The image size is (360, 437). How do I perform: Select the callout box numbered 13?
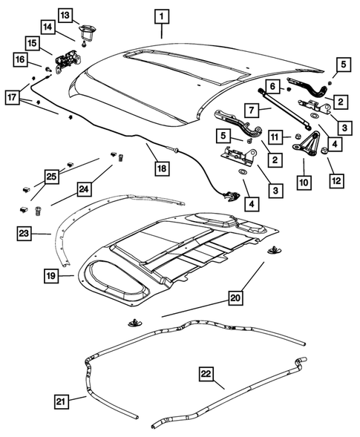(65, 15)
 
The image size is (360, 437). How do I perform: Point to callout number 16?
(21, 59)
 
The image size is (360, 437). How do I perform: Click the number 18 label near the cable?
(160, 168)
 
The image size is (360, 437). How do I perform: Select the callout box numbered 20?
(235, 299)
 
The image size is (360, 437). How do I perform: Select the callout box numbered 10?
(304, 180)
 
